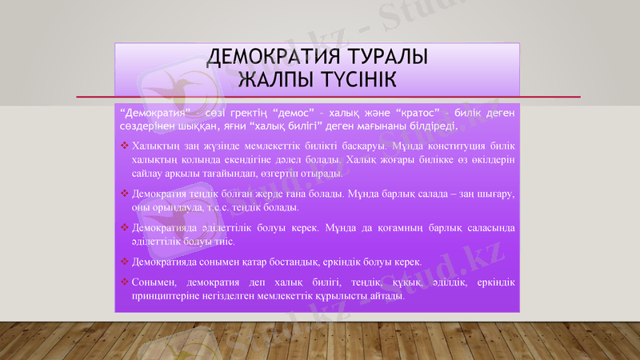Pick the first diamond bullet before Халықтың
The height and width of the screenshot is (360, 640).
tap(124, 146)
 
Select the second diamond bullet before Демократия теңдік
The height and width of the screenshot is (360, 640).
tap(124, 194)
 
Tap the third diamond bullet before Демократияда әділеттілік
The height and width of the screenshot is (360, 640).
tap(124, 228)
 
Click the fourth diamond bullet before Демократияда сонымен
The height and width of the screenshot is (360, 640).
tap(124, 262)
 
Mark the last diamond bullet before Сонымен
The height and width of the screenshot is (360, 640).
tap(124, 282)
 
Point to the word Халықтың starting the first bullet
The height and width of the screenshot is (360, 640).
tap(156, 146)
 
